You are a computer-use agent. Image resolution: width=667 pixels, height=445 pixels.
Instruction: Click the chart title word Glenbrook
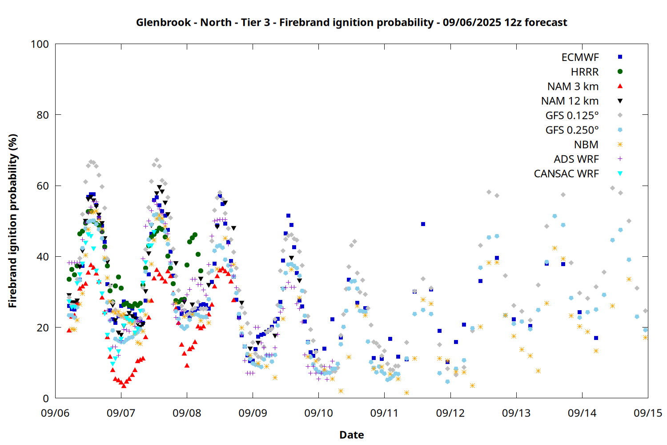tap(163, 23)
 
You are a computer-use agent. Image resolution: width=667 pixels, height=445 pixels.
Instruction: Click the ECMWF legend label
tap(580, 57)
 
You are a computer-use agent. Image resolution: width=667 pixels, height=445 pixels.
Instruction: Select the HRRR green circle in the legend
tap(620, 72)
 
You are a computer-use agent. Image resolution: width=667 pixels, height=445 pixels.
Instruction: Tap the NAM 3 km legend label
tap(573, 86)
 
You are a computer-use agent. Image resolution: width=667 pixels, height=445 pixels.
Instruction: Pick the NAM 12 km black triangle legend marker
tap(620, 101)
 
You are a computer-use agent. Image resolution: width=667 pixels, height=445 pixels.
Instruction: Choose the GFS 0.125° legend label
tap(572, 115)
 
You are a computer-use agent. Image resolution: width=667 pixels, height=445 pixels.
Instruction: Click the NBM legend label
tap(586, 145)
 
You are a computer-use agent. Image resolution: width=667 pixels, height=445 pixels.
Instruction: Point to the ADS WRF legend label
tap(576, 159)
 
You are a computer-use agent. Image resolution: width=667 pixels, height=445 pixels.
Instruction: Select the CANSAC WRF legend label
tap(566, 174)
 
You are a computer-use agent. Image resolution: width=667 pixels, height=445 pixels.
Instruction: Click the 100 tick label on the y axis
tap(40, 44)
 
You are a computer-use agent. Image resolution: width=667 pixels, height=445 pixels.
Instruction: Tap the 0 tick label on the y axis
tap(46, 398)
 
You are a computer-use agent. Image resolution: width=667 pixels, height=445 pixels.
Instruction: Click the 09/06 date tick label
tap(55, 413)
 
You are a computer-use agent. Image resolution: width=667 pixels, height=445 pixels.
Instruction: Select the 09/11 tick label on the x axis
tap(385, 413)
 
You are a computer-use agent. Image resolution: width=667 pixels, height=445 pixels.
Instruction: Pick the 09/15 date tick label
tap(648, 413)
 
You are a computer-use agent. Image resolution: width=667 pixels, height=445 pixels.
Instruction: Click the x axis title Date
tap(352, 435)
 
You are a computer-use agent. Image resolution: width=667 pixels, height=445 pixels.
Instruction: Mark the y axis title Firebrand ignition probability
tap(12, 221)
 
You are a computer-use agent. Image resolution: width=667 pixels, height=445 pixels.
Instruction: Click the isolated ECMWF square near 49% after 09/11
tap(423, 224)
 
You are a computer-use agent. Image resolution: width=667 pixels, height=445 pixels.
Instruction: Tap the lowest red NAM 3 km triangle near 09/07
tap(124, 386)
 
